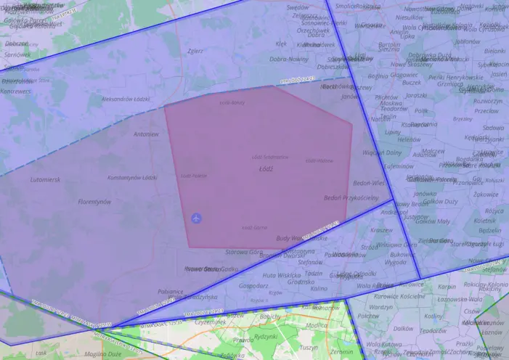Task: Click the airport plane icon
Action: click(x=196, y=218)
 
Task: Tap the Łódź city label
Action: click(x=266, y=168)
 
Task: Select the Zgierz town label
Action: click(x=195, y=52)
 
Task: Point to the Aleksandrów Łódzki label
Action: click(x=125, y=98)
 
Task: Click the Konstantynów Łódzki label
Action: click(x=132, y=178)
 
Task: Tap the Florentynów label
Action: click(x=94, y=202)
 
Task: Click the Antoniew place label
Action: click(x=146, y=134)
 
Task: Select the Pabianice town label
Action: click(x=170, y=291)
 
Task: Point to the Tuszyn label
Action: click(x=309, y=348)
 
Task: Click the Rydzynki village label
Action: click(x=266, y=336)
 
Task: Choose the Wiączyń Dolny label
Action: click(x=382, y=152)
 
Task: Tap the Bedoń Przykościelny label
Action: click(x=351, y=197)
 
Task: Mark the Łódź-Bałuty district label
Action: click(x=232, y=102)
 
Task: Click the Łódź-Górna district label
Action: click(x=254, y=227)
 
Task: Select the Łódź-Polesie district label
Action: click(x=194, y=176)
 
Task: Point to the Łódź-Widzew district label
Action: click(x=319, y=160)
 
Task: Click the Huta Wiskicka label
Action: click(x=281, y=275)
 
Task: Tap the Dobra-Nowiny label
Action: click(x=289, y=59)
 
